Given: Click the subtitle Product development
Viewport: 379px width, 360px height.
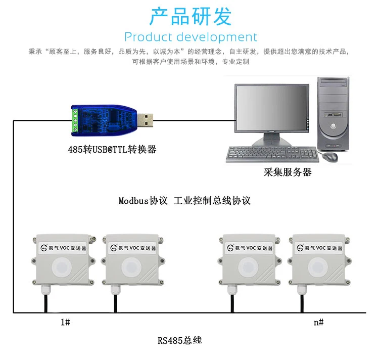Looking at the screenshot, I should click(191, 37).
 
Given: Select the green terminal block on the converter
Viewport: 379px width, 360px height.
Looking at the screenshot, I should click(76, 121).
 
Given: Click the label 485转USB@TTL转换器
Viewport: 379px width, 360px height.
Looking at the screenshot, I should click(112, 150).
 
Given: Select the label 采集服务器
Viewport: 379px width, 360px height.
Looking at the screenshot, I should click(288, 172).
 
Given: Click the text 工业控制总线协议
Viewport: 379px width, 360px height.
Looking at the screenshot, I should click(212, 200).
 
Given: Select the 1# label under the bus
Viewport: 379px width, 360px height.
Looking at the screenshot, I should click(65, 322).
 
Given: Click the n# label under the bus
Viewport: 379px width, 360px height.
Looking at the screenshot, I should click(318, 322).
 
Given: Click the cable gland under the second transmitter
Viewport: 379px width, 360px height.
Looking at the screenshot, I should click(116, 290).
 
